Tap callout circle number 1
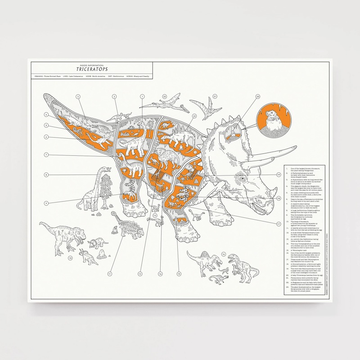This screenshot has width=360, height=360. coord(142,96)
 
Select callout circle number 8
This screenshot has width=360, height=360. coord(46,175)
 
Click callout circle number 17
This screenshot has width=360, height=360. coord(279,224)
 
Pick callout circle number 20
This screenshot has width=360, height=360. coord(258,96)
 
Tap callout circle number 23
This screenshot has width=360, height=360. coord(165,96)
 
